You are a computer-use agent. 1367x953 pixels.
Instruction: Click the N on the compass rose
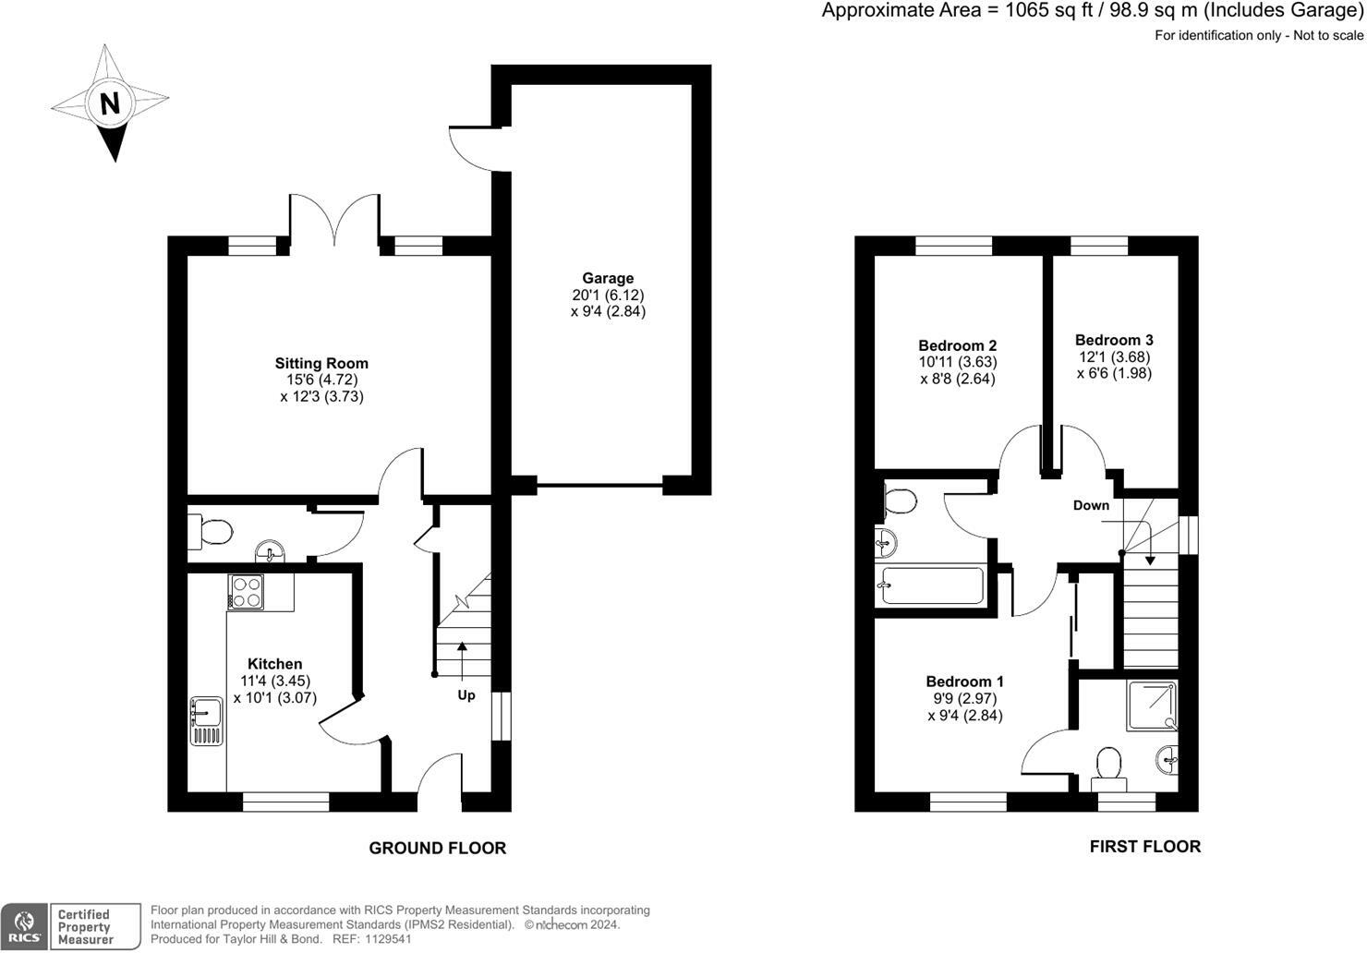[110, 103]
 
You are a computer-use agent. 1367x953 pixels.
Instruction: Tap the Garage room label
[608, 278]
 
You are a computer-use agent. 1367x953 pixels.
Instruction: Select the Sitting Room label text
[321, 364]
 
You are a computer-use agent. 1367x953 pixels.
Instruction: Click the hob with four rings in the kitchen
[246, 592]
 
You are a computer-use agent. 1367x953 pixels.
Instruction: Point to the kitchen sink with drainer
[206, 721]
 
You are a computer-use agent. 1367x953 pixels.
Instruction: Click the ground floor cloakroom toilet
[210, 531]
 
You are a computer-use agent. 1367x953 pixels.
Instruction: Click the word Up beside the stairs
[466, 695]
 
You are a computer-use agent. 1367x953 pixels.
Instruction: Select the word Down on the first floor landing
[1091, 505]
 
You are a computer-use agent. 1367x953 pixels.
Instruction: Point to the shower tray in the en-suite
[1152, 706]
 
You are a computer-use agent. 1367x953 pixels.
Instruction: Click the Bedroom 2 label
[958, 346]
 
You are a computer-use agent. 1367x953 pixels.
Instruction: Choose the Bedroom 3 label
[1114, 340]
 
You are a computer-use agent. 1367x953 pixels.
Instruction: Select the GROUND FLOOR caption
[438, 848]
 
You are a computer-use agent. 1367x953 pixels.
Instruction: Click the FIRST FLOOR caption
[1145, 846]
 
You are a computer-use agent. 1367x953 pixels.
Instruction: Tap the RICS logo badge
[24, 927]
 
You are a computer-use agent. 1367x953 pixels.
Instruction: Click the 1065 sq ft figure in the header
[1048, 11]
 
